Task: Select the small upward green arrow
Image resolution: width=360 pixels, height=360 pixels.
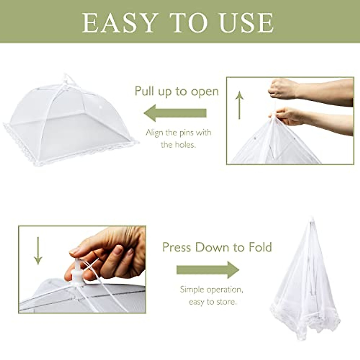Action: click(x=239, y=105)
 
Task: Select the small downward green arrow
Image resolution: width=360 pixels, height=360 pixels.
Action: click(x=38, y=250)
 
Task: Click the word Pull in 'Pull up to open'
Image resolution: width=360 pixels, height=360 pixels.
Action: click(x=145, y=91)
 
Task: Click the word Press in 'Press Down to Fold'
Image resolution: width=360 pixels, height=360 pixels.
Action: click(x=177, y=247)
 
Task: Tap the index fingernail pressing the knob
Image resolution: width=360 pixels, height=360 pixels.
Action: click(x=75, y=251)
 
